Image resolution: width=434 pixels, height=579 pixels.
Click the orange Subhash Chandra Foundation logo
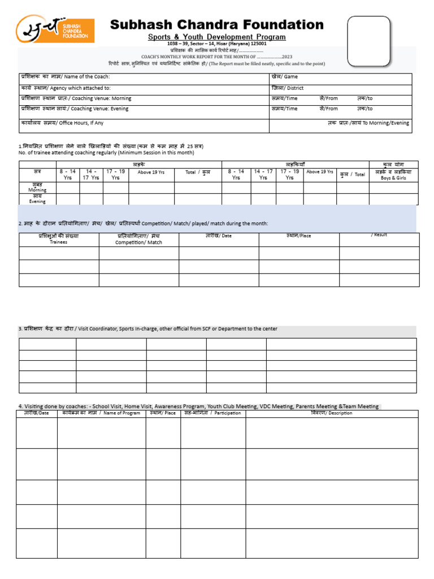55,29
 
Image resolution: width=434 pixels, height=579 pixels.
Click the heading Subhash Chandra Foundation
216,25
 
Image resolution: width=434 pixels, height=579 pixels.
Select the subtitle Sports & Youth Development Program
217,37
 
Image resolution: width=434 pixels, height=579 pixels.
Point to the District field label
288,88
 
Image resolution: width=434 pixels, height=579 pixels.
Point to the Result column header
379,235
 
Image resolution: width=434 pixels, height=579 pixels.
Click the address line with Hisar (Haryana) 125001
217,44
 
